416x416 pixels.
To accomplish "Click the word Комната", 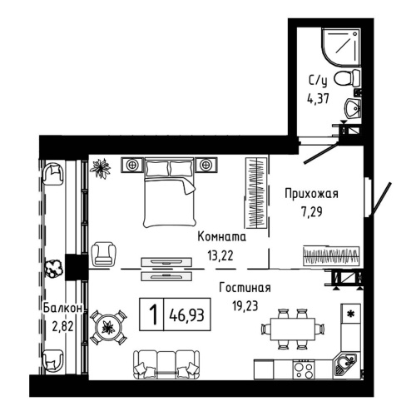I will point(221,239).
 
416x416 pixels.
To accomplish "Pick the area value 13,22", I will point(220,255).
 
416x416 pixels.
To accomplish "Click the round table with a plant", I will point(107,326).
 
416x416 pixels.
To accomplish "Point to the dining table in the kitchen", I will point(289,328).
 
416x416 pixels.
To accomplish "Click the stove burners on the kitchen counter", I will point(303,367).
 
